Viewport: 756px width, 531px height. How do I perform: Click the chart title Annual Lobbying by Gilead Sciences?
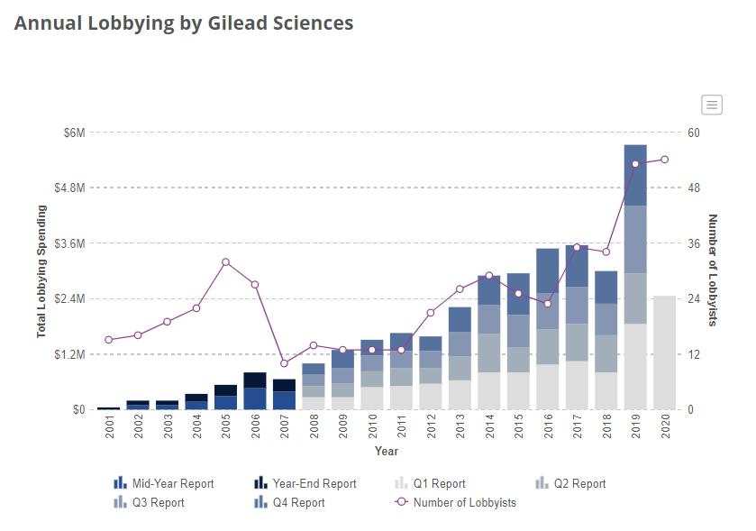click(184, 23)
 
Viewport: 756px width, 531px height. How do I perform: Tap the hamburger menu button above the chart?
click(712, 105)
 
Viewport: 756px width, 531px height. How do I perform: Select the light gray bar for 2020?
click(665, 352)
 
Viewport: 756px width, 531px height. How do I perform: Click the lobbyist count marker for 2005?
click(225, 262)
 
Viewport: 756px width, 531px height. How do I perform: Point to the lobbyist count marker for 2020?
click(665, 160)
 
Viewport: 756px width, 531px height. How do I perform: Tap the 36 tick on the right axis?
click(694, 243)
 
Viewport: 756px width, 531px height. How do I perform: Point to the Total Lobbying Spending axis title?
click(41, 271)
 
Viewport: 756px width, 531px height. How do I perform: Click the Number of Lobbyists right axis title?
click(713, 270)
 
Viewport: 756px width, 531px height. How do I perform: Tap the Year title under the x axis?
click(387, 451)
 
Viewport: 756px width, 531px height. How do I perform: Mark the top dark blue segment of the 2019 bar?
click(635, 175)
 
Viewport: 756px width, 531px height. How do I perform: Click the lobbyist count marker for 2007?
click(285, 363)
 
